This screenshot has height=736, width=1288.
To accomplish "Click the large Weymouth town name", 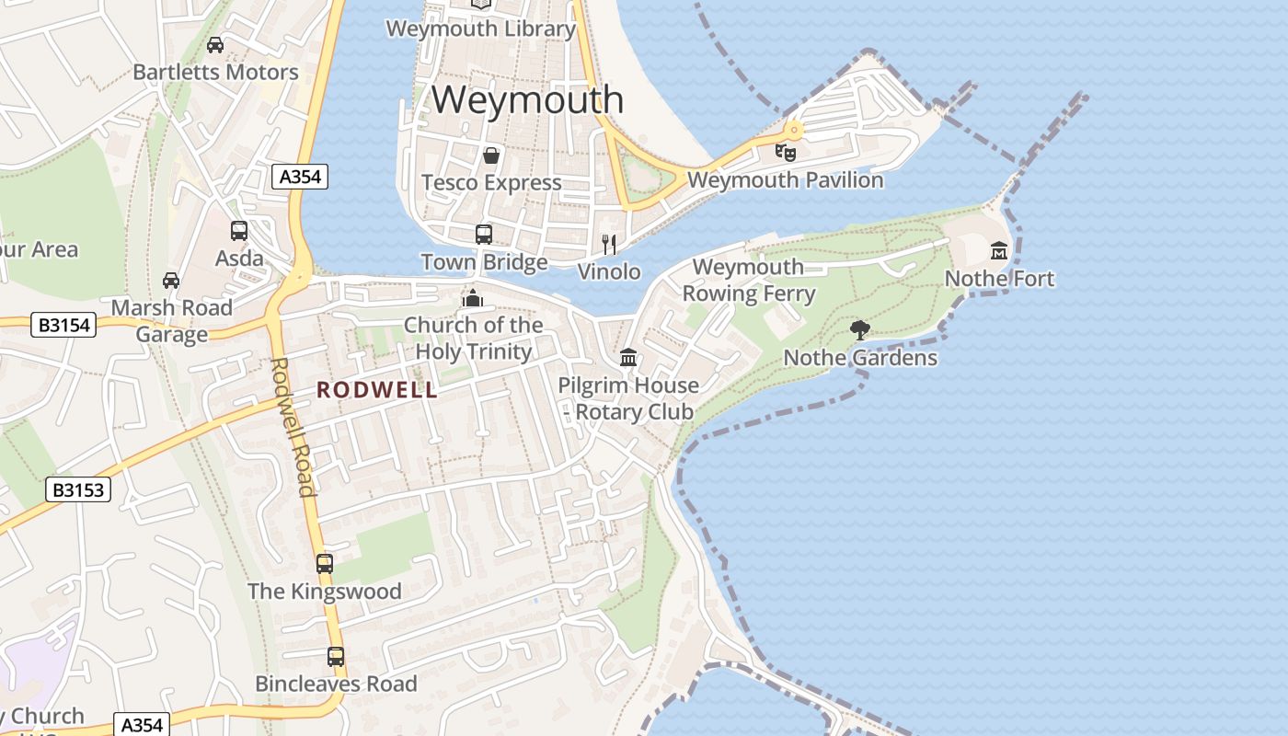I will (x=527, y=99).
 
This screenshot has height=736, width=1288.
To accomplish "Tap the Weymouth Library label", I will (x=480, y=29).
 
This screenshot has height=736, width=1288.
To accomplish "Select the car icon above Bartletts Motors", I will (x=215, y=45).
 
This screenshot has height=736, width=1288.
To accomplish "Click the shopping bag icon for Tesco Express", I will (x=491, y=155).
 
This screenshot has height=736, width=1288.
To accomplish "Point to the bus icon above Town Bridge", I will (x=484, y=235).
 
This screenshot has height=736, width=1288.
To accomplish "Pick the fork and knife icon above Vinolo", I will (x=608, y=244).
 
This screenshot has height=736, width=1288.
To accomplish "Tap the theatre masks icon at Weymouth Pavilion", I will (x=785, y=152).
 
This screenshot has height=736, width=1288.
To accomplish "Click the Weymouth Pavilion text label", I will (x=785, y=179).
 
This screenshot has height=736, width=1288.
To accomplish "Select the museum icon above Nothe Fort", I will (x=999, y=250).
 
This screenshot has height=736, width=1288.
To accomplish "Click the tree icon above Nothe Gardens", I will (x=860, y=329).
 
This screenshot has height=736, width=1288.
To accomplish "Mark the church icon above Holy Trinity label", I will (x=473, y=298).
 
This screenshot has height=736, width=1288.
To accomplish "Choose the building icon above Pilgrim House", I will (x=628, y=357).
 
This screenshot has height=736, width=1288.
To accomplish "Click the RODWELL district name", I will (x=377, y=390).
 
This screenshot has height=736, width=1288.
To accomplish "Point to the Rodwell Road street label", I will (x=293, y=426).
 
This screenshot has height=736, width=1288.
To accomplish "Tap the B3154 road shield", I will (x=63, y=325).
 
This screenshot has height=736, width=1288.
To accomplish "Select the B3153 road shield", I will (x=78, y=490).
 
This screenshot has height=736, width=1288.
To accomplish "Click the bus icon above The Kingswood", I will (x=325, y=564).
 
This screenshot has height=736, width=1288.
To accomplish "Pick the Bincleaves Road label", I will (x=336, y=684).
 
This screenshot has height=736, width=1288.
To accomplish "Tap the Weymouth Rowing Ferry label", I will (x=748, y=281).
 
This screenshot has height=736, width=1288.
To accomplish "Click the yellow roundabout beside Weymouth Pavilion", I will (x=794, y=130).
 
